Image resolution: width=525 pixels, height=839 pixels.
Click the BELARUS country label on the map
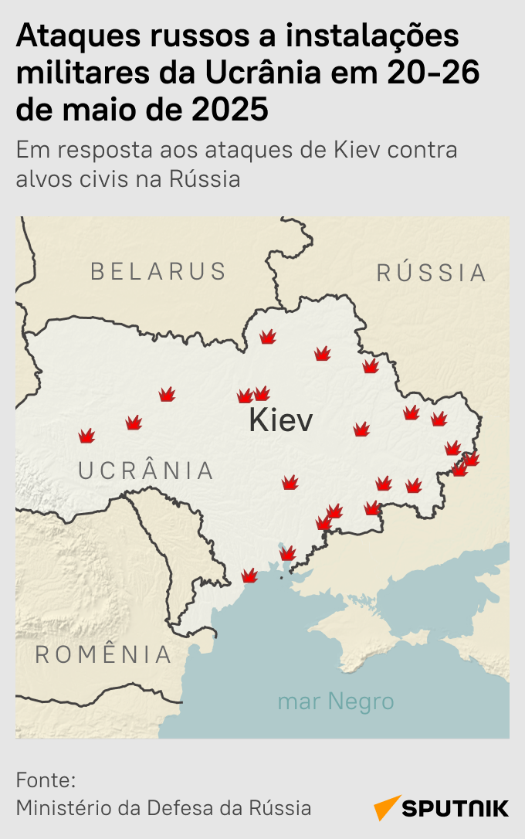158,271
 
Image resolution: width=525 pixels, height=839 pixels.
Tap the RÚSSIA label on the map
432,273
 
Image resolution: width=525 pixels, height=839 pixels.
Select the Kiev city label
281,421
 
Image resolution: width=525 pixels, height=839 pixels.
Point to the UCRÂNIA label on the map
146,470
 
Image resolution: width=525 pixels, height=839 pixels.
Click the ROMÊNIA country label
103,654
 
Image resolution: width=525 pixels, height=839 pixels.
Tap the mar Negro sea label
336,701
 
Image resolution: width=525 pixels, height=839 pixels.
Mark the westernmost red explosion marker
86,436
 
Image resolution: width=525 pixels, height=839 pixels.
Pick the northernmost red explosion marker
268,337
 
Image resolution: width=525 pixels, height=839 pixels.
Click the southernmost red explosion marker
249,576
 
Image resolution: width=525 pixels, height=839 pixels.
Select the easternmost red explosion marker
471,459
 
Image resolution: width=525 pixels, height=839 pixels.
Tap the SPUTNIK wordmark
456,808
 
